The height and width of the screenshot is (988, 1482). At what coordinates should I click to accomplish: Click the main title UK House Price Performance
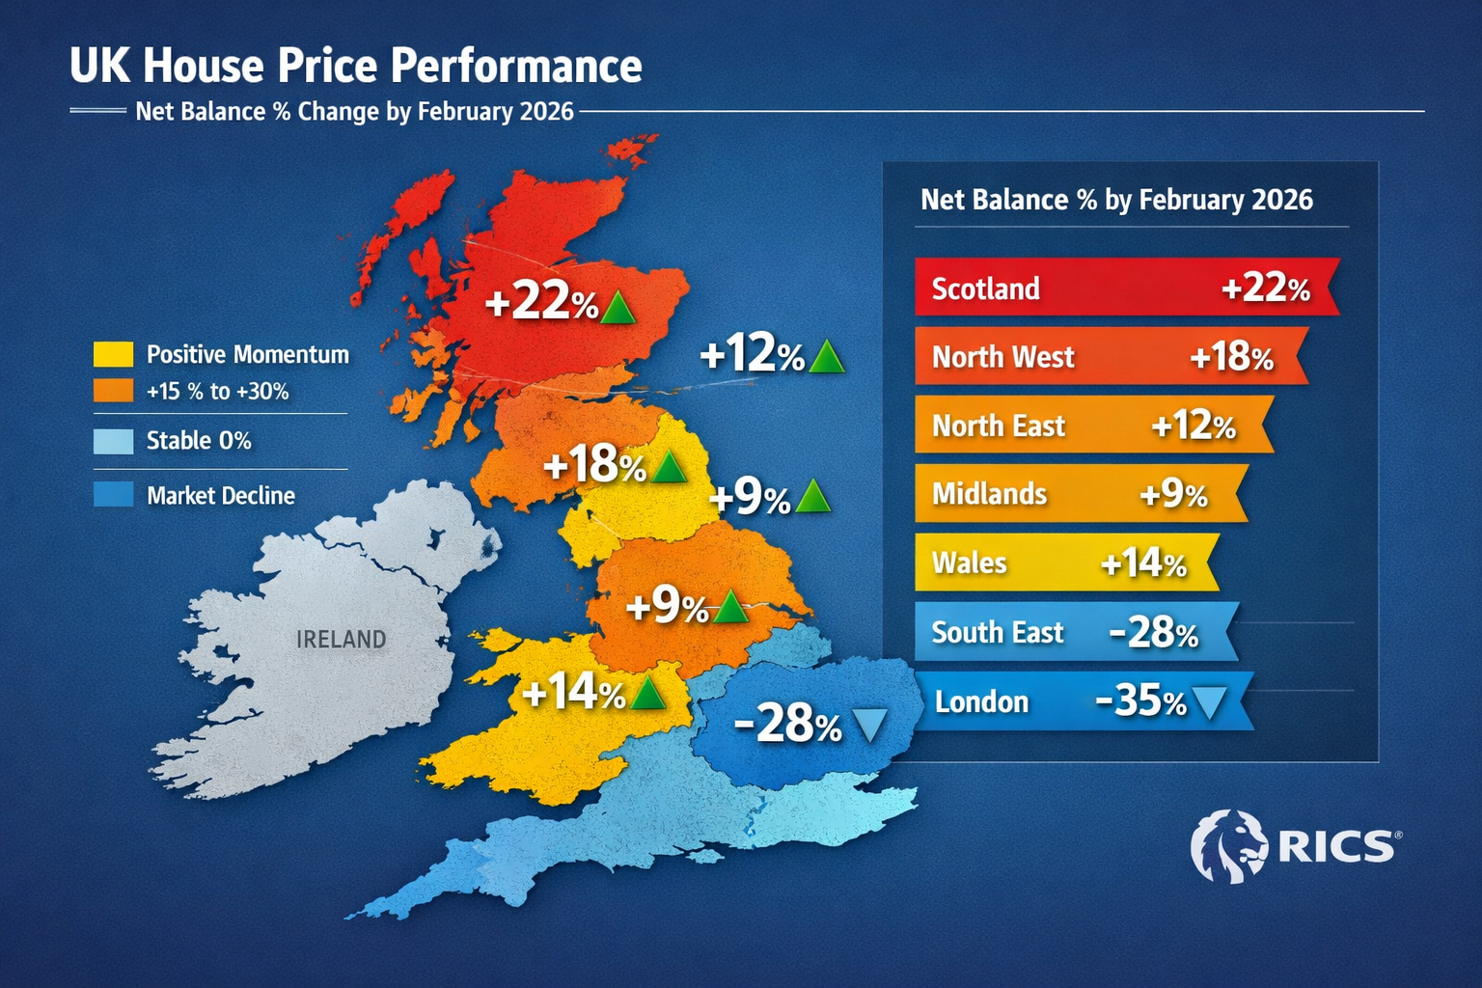pyautogui.click(x=355, y=66)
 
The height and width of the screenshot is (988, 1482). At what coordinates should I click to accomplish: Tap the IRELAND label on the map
pyautogui.click(x=341, y=639)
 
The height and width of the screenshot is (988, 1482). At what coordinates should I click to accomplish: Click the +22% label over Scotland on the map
pyautogui.click(x=541, y=302)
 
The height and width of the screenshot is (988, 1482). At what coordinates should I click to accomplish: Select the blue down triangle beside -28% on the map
pyautogui.click(x=870, y=724)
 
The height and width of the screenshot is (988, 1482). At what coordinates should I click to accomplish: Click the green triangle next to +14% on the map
pyautogui.click(x=647, y=693)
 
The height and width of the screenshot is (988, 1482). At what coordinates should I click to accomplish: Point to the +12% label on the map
pyautogui.click(x=752, y=355)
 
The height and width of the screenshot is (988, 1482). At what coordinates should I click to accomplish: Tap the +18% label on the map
pyautogui.click(x=593, y=465)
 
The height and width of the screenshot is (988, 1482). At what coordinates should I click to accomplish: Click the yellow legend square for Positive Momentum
pyautogui.click(x=113, y=354)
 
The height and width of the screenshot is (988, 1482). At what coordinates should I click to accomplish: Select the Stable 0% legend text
pyautogui.click(x=199, y=441)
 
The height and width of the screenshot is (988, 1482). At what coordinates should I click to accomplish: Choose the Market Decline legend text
pyautogui.click(x=221, y=496)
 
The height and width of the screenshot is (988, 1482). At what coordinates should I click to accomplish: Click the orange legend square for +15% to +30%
pyautogui.click(x=113, y=391)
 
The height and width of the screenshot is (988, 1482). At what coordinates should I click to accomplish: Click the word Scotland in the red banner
pyautogui.click(x=985, y=288)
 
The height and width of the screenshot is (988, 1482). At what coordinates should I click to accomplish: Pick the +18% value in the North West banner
pyautogui.click(x=1231, y=357)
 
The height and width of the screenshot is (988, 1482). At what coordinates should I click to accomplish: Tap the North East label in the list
pyautogui.click(x=998, y=425)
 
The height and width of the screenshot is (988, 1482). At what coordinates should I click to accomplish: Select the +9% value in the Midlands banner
pyautogui.click(x=1173, y=494)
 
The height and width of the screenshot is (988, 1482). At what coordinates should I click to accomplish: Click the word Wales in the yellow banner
pyautogui.click(x=969, y=563)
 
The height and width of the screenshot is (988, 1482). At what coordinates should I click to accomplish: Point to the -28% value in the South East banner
pyautogui.click(x=1153, y=633)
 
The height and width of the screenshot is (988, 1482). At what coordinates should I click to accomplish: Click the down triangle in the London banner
pyautogui.click(x=1210, y=702)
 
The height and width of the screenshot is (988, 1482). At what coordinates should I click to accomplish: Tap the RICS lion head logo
pyautogui.click(x=1229, y=846)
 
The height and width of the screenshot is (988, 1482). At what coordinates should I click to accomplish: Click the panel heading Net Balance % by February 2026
pyautogui.click(x=1116, y=200)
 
